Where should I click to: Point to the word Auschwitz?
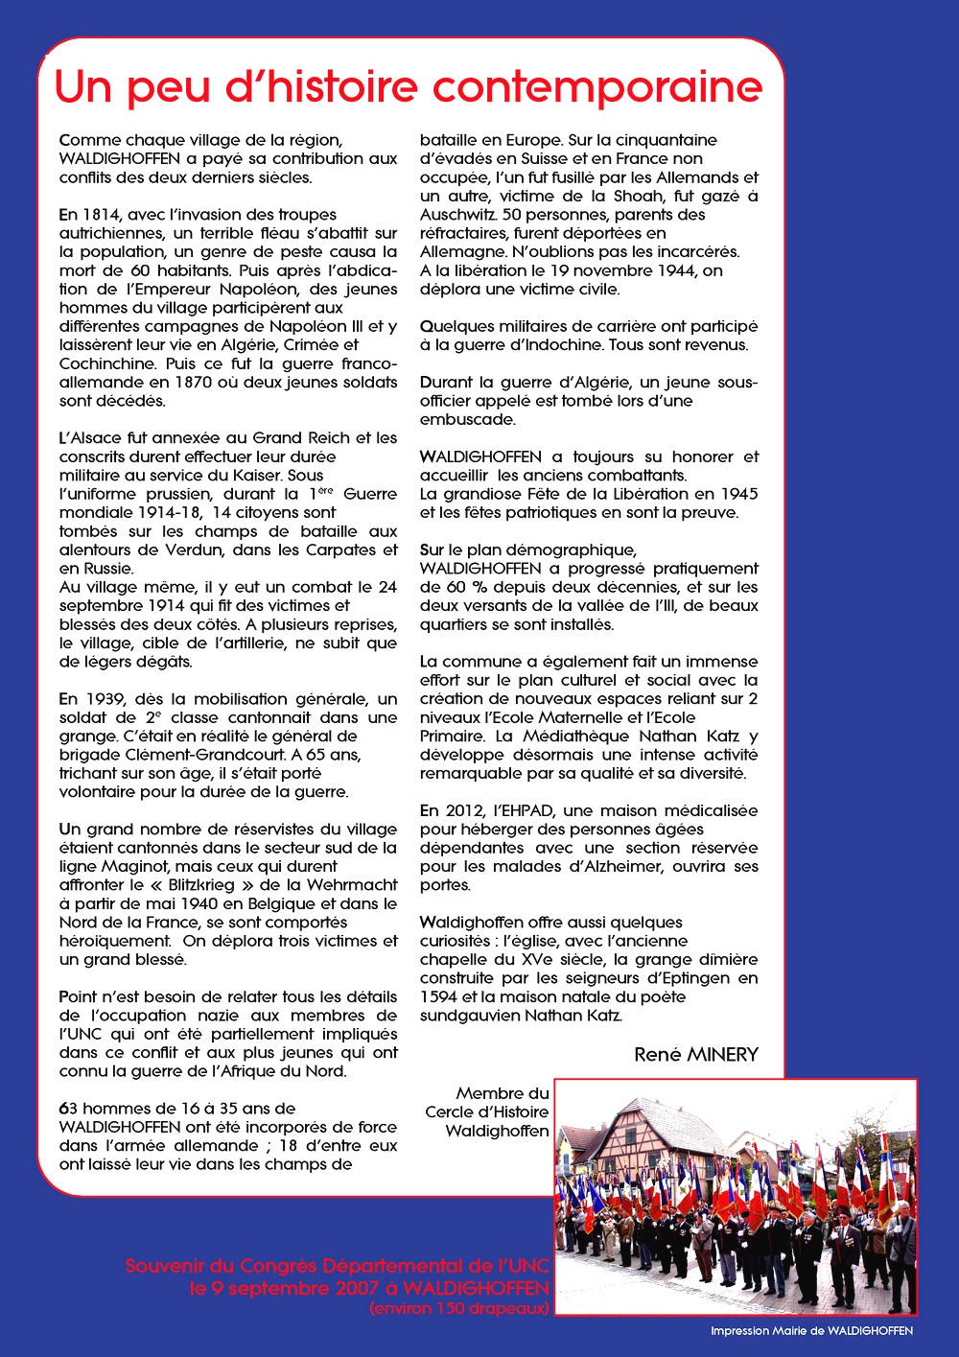click(x=457, y=215)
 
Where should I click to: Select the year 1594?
click(x=438, y=996)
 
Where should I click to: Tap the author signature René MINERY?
click(x=695, y=1055)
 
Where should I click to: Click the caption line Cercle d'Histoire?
click(x=487, y=1112)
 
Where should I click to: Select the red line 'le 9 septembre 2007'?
click(x=369, y=1288)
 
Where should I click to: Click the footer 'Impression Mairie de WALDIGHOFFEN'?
click(x=811, y=1331)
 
